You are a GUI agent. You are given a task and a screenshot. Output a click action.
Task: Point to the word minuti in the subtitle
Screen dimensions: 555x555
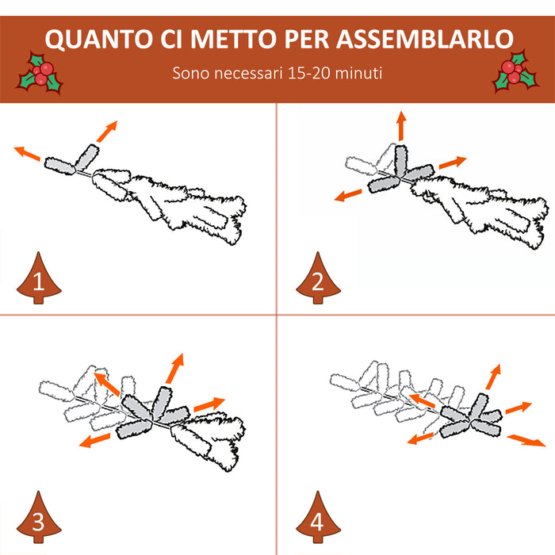tap(357, 74)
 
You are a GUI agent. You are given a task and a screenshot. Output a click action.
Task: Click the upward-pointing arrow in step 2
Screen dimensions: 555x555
tap(401, 127)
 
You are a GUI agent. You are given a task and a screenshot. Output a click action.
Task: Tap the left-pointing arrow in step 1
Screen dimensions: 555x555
tap(27, 153)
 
